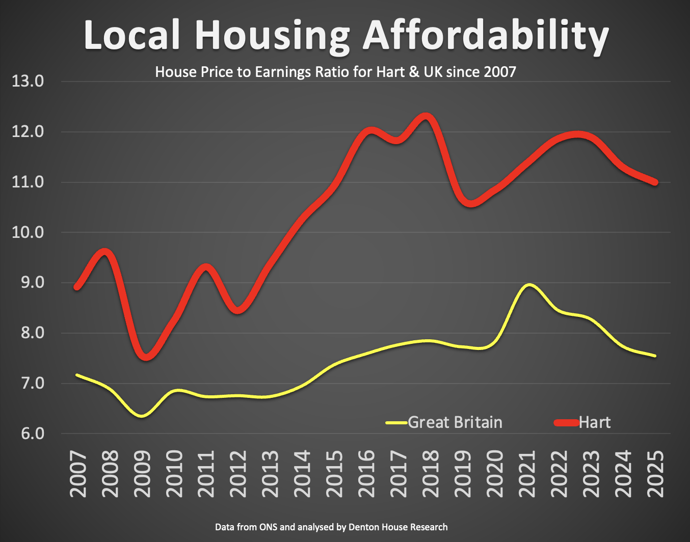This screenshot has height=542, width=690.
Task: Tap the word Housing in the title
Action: pos(272,36)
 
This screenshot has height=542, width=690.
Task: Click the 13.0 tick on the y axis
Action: pos(28,81)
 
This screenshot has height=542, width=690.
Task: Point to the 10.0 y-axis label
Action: pos(28,232)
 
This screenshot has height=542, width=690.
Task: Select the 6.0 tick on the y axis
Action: pos(28,433)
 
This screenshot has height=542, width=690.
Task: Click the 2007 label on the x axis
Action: pos(78,474)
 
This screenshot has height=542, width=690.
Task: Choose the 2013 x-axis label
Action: pos(270,474)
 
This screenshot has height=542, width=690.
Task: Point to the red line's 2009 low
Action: pos(146,357)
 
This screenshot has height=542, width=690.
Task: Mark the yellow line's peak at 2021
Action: pos(528,285)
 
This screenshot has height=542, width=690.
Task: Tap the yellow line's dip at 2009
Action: pos(142,416)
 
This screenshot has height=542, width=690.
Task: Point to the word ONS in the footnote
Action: pos(268,527)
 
